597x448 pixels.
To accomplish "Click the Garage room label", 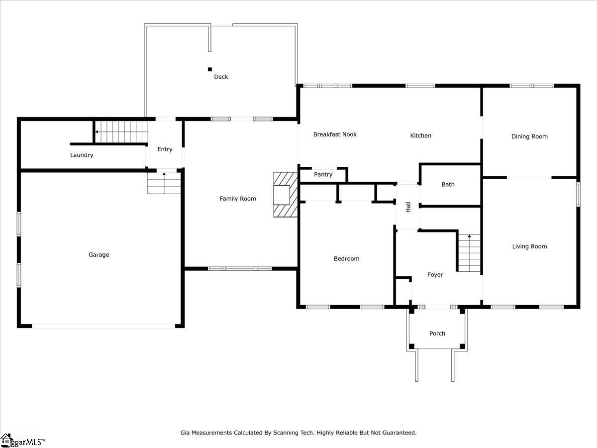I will pyautogui.click(x=99, y=255).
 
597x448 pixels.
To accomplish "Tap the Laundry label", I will pyautogui.click(x=82, y=155).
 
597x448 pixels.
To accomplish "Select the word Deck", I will pyautogui.click(x=221, y=77).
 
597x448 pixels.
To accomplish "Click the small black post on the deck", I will pyautogui.click(x=210, y=69).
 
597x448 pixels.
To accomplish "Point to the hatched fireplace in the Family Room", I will pyautogui.click(x=285, y=195).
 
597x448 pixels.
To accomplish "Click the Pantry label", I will pyautogui.click(x=323, y=175).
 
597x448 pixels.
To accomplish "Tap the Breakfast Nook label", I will pyautogui.click(x=335, y=134).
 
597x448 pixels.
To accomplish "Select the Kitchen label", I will pyautogui.click(x=420, y=135).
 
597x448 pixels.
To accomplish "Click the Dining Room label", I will pyautogui.click(x=529, y=136).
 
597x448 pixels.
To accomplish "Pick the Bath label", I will pyautogui.click(x=448, y=185).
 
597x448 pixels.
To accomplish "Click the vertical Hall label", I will pyautogui.click(x=408, y=207).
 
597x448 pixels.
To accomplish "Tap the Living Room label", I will pyautogui.click(x=529, y=246).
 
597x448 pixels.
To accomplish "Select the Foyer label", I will pyautogui.click(x=435, y=275).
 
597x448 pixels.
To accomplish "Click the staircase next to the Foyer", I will pyautogui.click(x=469, y=253).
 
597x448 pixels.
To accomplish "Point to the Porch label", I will pyautogui.click(x=437, y=334).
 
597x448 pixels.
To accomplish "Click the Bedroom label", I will pyautogui.click(x=346, y=259).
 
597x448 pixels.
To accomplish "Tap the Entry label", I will pyautogui.click(x=165, y=149).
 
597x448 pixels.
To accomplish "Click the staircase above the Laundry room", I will pyautogui.click(x=121, y=132).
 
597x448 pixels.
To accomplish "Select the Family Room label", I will pyautogui.click(x=238, y=199).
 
